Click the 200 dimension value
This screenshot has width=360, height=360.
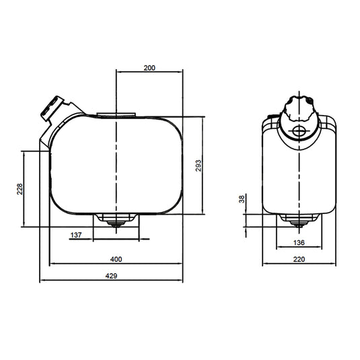coord(149,68)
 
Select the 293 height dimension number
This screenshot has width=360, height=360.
coord(199,166)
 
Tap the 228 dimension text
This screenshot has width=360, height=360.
coord(20,189)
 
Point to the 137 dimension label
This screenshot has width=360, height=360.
coord(76,235)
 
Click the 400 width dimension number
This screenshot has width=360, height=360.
coord(116,260)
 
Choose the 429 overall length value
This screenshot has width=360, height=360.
coord(111,276)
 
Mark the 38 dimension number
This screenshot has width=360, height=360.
coord(242,199)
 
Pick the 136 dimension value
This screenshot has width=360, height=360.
coord(299,242)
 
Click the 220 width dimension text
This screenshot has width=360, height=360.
coord(299,260)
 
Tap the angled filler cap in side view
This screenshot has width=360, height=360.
coord(52,108)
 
